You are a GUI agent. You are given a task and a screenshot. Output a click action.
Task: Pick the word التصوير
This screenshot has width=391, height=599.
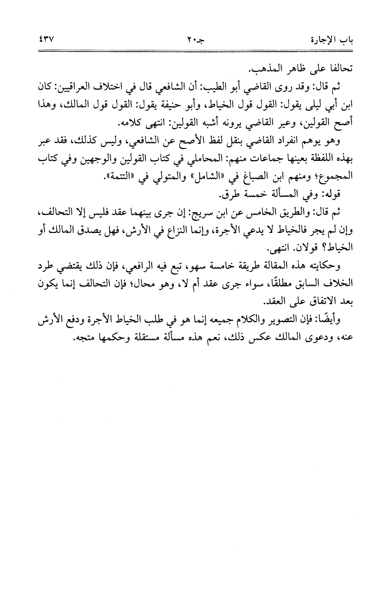click(295, 319)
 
